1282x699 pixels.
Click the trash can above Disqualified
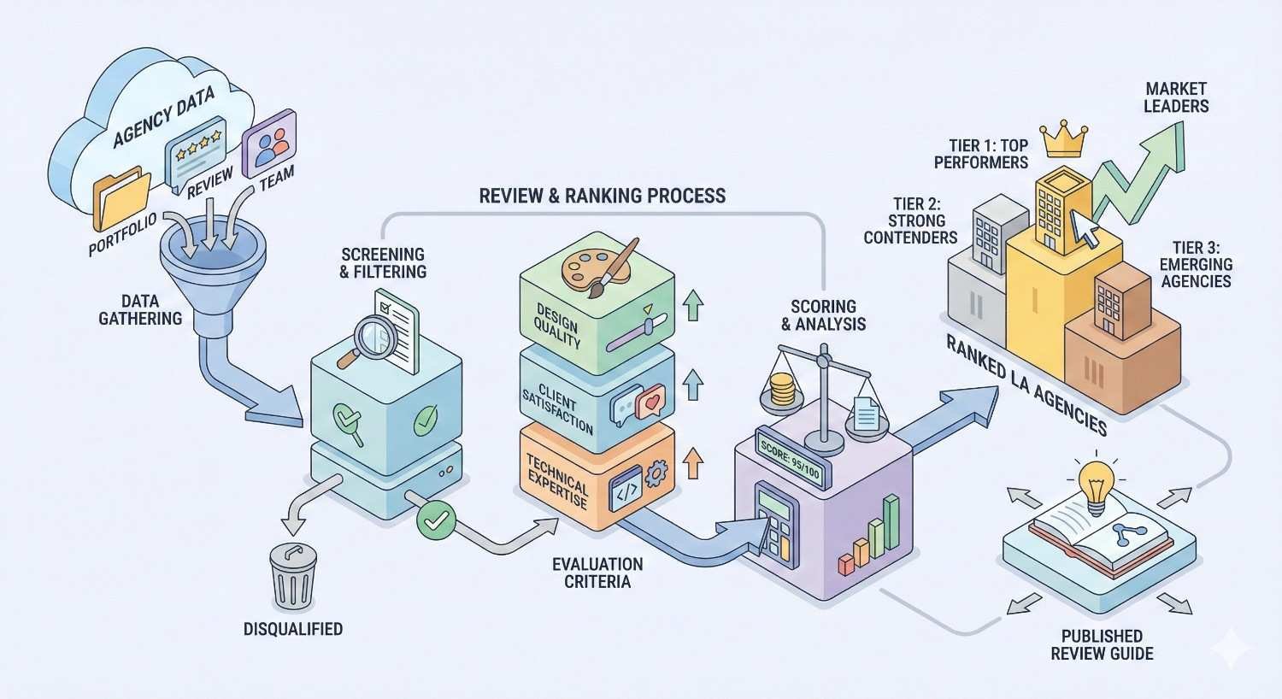(292, 576)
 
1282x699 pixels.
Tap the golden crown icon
(1063, 140)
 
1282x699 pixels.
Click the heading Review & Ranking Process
(602, 195)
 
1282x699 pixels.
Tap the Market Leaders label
(1176, 97)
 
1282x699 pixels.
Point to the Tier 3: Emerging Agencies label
(1195, 264)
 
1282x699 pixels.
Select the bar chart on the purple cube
(869, 537)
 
